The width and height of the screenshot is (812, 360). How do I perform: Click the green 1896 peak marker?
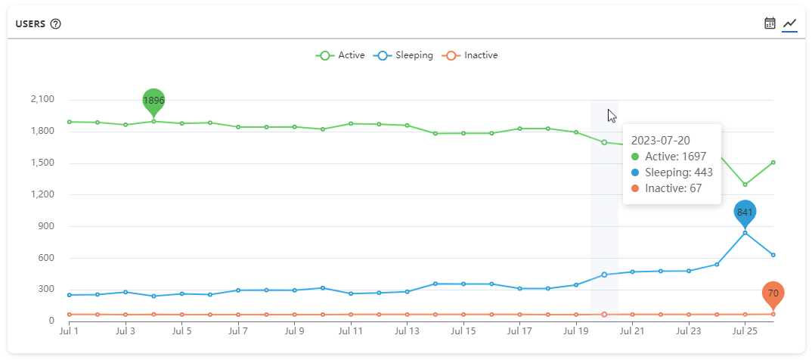153,101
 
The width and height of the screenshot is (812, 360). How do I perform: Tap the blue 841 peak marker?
745,213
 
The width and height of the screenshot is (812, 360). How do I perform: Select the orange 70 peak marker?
773,293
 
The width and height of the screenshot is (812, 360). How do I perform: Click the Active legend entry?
341,55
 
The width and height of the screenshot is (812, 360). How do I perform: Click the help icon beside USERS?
55,23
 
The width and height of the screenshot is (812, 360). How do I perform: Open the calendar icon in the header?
770,23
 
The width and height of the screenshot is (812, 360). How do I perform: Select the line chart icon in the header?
789,23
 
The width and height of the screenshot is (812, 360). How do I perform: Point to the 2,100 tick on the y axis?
42,99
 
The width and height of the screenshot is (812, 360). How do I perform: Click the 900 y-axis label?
47,226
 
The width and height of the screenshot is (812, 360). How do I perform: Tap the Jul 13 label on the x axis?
407,331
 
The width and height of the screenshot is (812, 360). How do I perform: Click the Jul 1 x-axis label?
70,331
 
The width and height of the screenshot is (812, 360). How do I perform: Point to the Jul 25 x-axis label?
745,331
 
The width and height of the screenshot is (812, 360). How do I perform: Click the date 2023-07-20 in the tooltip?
660,140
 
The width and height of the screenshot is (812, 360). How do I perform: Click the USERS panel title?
30,23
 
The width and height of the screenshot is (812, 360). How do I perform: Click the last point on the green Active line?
773,162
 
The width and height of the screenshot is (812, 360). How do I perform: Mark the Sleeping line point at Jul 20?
603,275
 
